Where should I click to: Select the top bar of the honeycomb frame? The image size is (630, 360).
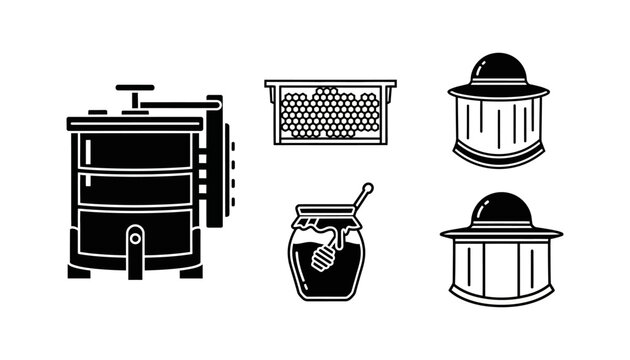pos(330,83)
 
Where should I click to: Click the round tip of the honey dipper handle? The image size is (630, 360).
pos(368,187)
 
